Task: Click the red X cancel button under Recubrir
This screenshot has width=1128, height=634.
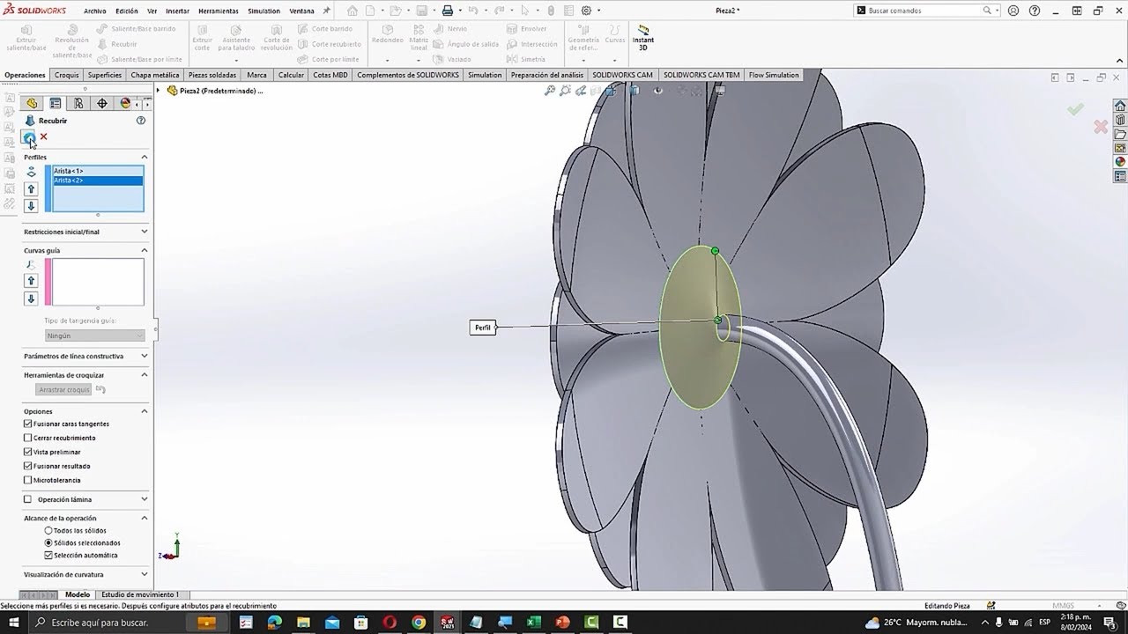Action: (43, 136)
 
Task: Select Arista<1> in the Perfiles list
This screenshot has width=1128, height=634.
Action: (68, 171)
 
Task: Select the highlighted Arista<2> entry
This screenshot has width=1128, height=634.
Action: (68, 181)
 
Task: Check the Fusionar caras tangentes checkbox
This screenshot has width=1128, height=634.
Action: (28, 424)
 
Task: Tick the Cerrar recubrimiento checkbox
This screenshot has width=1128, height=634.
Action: (28, 438)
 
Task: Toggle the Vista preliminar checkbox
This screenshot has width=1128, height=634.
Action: (28, 452)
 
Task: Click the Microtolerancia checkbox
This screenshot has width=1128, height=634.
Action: (28, 480)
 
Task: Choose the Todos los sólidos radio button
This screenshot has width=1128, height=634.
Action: (48, 531)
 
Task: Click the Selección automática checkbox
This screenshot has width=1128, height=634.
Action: (48, 556)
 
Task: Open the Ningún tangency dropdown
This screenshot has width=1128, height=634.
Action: (94, 335)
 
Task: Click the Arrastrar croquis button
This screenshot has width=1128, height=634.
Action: (63, 389)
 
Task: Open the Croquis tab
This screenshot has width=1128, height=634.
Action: (67, 75)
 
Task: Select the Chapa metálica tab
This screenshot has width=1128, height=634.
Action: (155, 75)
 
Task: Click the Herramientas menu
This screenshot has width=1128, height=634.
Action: (218, 11)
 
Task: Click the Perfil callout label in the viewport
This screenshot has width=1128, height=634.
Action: (482, 328)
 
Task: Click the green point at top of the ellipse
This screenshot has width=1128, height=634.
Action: (715, 251)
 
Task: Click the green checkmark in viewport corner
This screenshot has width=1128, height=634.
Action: (1075, 109)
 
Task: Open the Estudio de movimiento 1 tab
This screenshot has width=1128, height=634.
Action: (139, 594)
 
